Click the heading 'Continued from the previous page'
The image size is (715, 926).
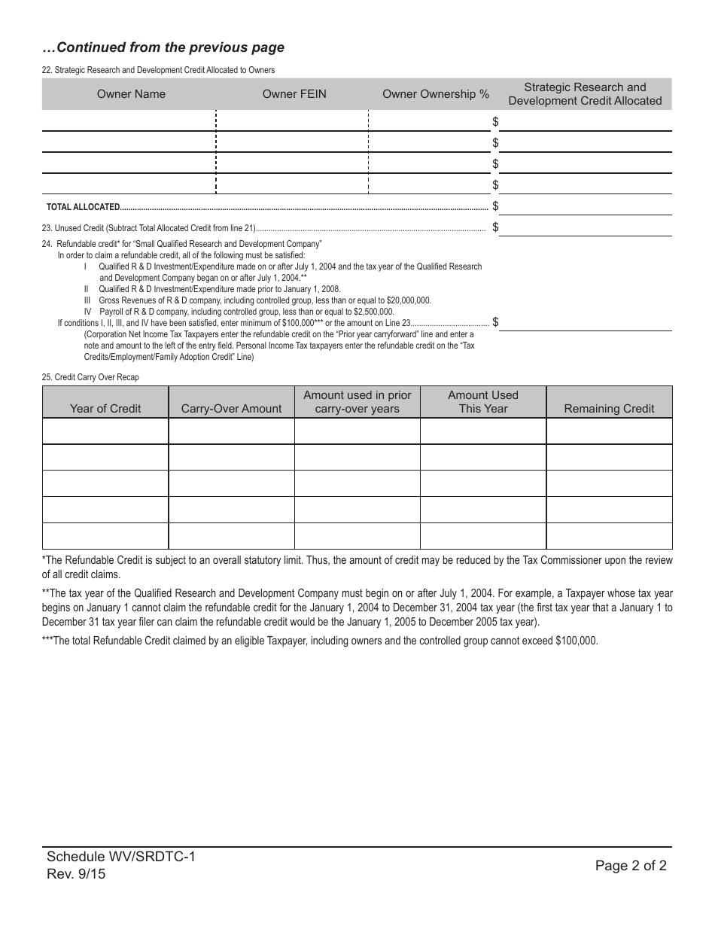163,47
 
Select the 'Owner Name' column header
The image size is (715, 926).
131,94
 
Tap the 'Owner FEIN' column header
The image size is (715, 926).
294,94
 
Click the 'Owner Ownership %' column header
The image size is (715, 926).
436,94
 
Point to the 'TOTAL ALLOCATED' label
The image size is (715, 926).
83,207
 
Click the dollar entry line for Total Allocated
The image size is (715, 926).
586,206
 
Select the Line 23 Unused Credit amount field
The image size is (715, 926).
586,227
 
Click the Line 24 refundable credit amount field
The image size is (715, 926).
586,322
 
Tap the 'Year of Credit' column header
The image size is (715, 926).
105,408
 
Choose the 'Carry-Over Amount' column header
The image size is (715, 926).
231,408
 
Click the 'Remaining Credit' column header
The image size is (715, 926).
609,408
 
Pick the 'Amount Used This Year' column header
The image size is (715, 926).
483,402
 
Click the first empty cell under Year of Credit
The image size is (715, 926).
105,431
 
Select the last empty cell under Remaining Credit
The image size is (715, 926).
609,536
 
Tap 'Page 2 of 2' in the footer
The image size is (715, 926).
631,866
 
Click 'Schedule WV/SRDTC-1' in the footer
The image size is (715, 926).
120,857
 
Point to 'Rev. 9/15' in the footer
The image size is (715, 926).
76,874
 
